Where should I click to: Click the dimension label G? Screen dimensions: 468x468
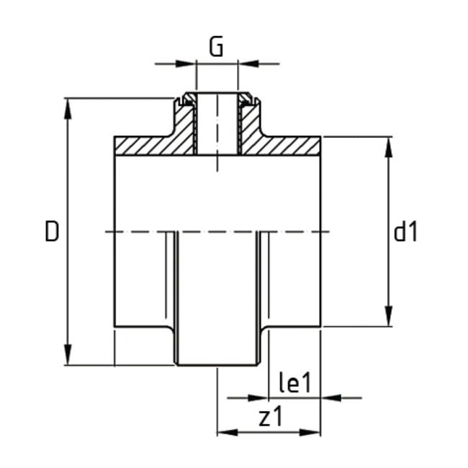[x=216, y=48]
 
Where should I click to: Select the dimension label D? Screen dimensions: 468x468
[x=51, y=232]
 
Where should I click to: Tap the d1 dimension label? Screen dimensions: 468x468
[x=406, y=232]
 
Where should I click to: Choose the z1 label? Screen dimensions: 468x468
[x=271, y=416]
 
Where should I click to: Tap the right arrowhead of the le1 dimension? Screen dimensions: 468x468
[x=330, y=396]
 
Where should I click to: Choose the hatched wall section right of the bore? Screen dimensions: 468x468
[x=281, y=145]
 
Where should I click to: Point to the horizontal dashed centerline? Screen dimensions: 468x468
[x=216, y=232]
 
